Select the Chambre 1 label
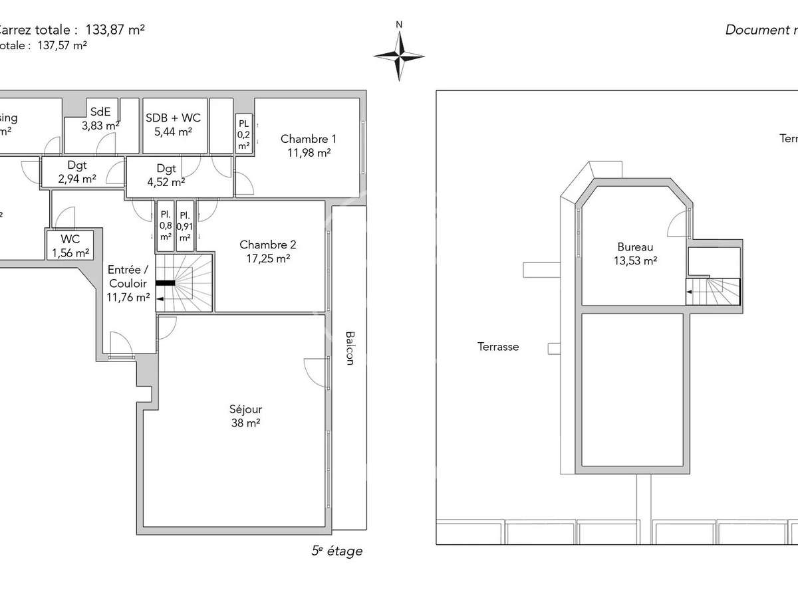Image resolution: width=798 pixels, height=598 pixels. (x=308, y=146)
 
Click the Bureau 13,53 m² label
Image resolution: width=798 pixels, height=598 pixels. (x=634, y=254)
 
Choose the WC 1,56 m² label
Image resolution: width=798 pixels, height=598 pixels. (x=70, y=246)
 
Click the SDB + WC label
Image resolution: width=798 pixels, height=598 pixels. (x=173, y=124)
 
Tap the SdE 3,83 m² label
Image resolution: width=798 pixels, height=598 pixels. (x=100, y=118)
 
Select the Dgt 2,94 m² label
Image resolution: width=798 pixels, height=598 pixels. (x=76, y=171)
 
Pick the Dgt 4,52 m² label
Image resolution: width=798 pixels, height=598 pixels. (x=166, y=175)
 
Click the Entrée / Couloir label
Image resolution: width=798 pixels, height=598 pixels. (x=128, y=283)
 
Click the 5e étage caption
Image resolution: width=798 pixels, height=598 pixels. (x=336, y=551)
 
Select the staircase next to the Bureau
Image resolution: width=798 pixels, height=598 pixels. (x=714, y=290)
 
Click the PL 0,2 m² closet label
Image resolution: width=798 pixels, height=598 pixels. (x=244, y=134)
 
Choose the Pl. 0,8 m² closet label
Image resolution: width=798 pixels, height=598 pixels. (x=165, y=226)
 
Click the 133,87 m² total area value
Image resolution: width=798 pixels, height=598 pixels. (x=115, y=29)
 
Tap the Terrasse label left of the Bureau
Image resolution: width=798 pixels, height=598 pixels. (x=497, y=346)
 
